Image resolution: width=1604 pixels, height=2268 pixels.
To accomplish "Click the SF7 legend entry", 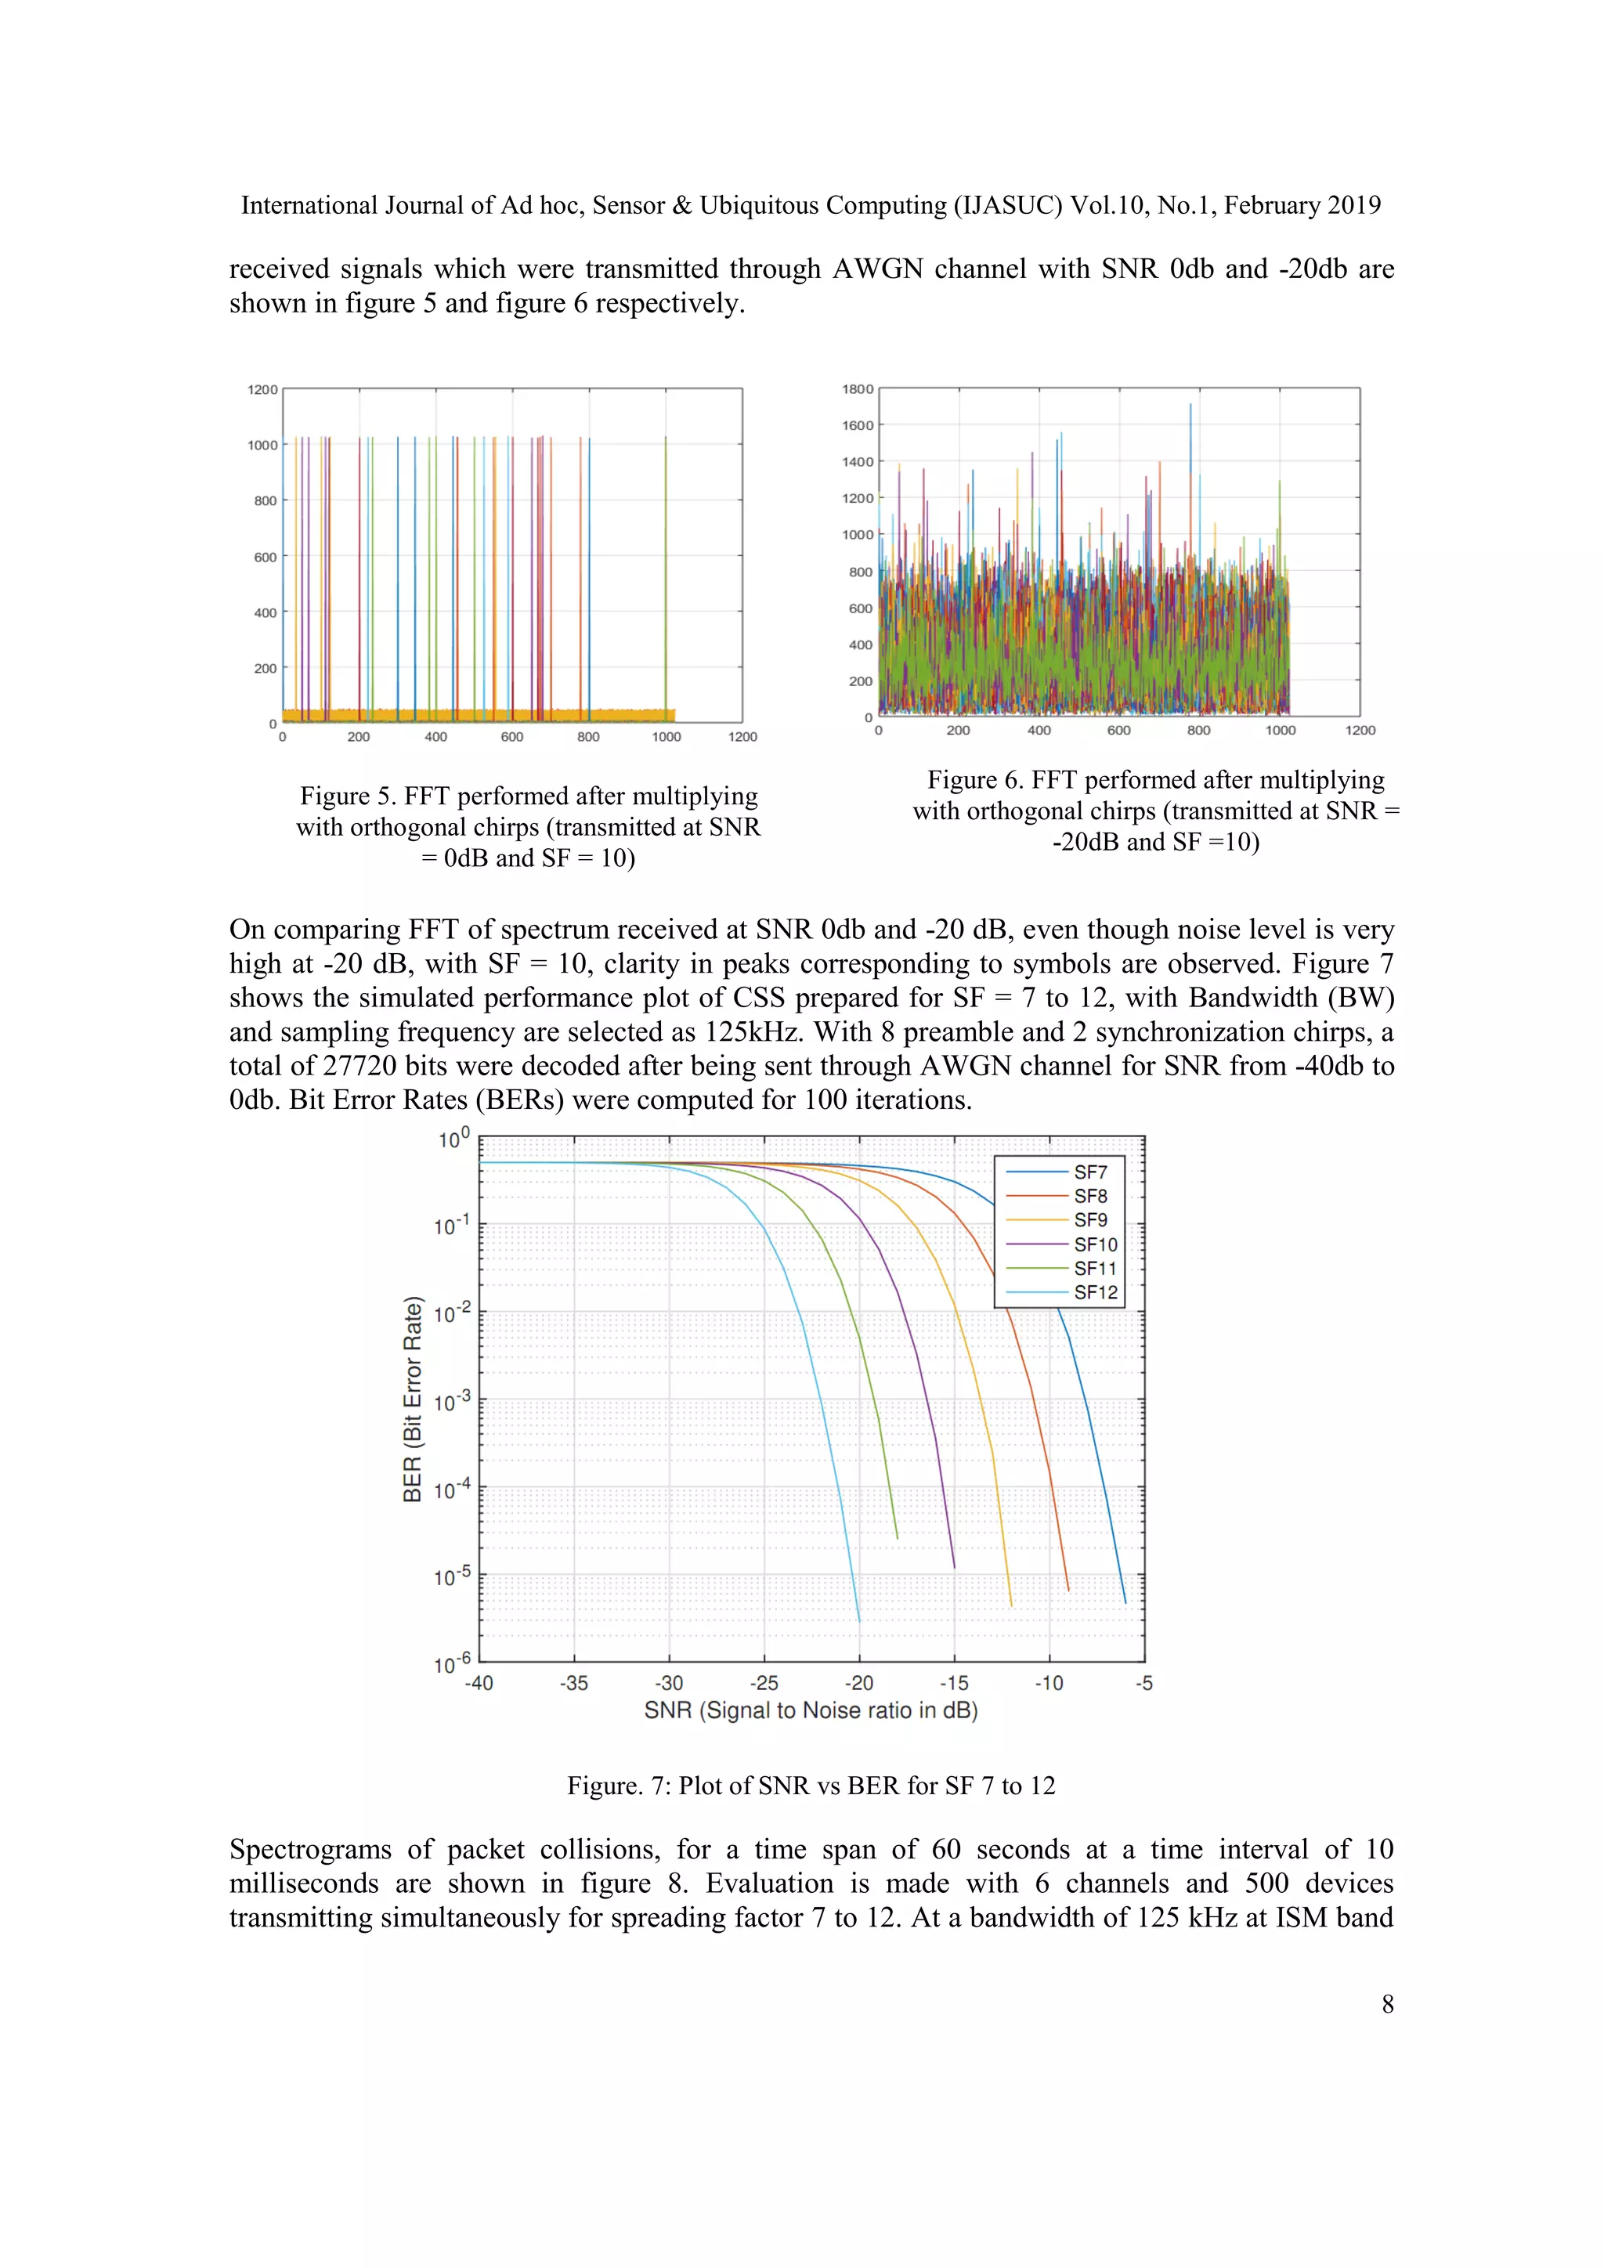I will pos(1089,1172).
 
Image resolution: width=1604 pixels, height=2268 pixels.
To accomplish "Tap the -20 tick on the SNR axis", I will pos(858,1683).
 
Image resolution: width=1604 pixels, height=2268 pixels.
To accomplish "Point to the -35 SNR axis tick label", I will pos(574,1683).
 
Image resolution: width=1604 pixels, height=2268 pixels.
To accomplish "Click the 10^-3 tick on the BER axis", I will pos(453,1402).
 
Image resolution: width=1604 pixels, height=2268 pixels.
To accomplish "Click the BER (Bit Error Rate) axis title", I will pos(413,1399).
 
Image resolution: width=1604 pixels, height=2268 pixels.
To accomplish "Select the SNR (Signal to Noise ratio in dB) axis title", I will pos(811,1711).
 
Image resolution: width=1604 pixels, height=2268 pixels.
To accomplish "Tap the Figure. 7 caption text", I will pos(811,1786).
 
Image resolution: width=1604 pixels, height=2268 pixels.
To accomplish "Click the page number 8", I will pos(1387,2003).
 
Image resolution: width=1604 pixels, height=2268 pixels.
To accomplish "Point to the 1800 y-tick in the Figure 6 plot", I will pos(858,389).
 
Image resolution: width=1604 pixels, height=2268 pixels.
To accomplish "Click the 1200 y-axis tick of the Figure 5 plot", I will pos(262,389).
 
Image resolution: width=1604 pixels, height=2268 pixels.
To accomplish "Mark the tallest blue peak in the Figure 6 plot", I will pos(1190,407).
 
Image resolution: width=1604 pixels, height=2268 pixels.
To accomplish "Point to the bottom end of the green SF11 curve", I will pos(897,1537).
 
